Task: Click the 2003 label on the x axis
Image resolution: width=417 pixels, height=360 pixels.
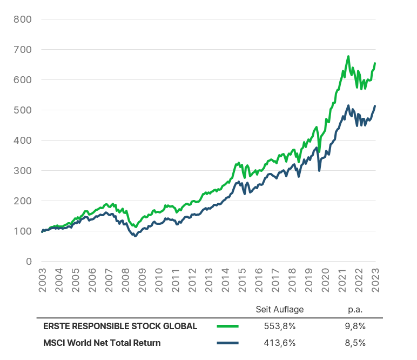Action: pyautogui.click(x=42, y=280)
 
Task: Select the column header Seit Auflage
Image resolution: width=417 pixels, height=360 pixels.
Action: pyautogui.click(x=279, y=310)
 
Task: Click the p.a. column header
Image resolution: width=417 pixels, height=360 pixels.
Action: pyautogui.click(x=355, y=310)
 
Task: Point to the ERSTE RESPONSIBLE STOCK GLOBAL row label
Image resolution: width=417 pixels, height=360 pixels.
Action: pyautogui.click(x=120, y=326)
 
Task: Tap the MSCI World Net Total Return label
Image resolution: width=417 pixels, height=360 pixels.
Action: pyautogui.click(x=102, y=342)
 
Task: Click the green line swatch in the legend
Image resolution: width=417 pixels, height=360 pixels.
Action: pyautogui.click(x=227, y=326)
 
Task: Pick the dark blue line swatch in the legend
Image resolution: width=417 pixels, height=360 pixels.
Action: pyautogui.click(x=227, y=342)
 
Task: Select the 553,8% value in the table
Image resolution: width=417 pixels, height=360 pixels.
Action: pyautogui.click(x=279, y=326)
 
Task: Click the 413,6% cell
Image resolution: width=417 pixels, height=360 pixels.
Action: pyautogui.click(x=279, y=342)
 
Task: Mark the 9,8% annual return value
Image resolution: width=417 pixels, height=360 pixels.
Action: pyautogui.click(x=355, y=326)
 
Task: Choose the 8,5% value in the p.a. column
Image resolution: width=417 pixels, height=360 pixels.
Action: pyautogui.click(x=355, y=342)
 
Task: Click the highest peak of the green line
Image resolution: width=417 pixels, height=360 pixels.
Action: pyautogui.click(x=348, y=56)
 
